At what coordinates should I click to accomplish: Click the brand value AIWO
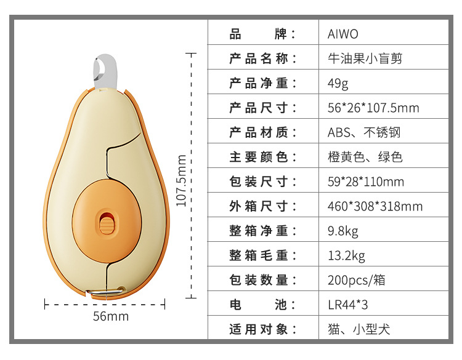coord(342,34)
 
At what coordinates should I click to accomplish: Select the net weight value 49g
coord(338,84)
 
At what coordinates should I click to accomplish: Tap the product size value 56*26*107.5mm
coord(373,108)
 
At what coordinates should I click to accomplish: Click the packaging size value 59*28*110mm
coord(365,182)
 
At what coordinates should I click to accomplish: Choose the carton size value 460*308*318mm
coord(375,206)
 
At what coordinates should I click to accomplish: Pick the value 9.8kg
coord(342,231)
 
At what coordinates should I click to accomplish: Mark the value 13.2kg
coord(346,255)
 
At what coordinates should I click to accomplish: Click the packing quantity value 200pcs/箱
coord(356,280)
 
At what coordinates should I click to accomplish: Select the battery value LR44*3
coord(347,305)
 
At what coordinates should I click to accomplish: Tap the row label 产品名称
coord(263,59)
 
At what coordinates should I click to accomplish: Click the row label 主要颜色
coord(263,157)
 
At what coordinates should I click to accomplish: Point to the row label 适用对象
coord(263,329)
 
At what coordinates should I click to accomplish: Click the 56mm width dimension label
coord(111,316)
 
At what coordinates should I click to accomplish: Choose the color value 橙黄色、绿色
coord(365,157)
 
